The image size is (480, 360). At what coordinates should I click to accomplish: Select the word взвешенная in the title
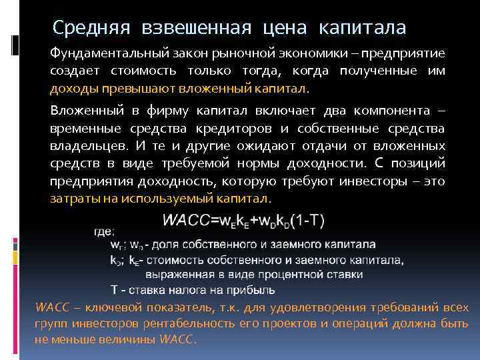(195, 28)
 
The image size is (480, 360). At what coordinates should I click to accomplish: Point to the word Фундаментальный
(104, 53)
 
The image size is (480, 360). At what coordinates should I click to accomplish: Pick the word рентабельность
(209, 325)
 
